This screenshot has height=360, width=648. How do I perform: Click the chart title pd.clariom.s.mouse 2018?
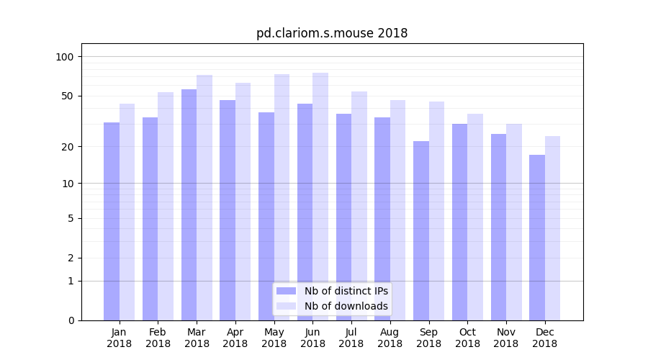coord(332,33)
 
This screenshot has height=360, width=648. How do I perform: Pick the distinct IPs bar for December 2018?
coord(537,238)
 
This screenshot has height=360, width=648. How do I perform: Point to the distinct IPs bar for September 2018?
coord(421,230)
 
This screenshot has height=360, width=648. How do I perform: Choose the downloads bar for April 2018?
coord(243,202)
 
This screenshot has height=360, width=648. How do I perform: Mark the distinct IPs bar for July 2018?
coord(343,217)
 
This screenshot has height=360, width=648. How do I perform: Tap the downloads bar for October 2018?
coord(475,217)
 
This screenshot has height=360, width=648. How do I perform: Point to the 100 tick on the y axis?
coord(65,57)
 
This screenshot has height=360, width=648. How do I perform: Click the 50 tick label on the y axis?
coord(67,96)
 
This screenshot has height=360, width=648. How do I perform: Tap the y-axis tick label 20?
coord(67,147)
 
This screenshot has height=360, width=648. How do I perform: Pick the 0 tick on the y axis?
coord(71,320)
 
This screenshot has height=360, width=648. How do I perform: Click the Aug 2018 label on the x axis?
coord(390,338)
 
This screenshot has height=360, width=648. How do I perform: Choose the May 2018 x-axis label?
coord(274,338)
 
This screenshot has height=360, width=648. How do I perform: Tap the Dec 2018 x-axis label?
coord(545,338)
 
